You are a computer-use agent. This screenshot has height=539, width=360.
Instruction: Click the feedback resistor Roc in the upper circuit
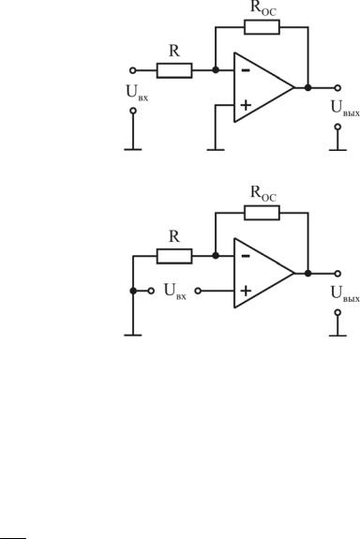(262, 27)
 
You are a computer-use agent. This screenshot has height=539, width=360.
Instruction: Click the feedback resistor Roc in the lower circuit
(262, 213)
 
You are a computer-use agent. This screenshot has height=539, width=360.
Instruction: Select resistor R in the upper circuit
(174, 70)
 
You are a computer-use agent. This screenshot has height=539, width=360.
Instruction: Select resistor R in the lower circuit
(174, 256)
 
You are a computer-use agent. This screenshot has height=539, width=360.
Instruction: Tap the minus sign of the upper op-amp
(246, 71)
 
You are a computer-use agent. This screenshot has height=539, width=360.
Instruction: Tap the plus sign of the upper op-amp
(246, 105)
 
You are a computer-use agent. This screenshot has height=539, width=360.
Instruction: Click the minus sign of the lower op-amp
(246, 256)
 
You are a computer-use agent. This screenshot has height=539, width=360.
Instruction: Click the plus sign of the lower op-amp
(246, 291)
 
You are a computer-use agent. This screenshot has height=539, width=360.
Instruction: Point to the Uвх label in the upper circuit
(137, 93)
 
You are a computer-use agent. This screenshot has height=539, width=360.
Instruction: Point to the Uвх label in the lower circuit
(175, 292)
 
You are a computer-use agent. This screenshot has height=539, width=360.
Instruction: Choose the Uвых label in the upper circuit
(345, 109)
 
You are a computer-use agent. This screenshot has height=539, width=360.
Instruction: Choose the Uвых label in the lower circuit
(345, 294)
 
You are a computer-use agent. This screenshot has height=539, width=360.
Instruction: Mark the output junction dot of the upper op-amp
(308, 88)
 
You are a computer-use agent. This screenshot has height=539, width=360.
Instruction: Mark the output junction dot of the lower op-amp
(308, 274)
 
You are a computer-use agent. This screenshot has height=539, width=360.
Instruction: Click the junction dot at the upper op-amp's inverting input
(216, 70)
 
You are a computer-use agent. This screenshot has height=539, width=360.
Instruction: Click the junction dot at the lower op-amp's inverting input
(216, 256)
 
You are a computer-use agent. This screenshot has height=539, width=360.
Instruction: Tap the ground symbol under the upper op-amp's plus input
(216, 150)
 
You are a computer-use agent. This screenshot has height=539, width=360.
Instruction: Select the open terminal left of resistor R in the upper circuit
(133, 70)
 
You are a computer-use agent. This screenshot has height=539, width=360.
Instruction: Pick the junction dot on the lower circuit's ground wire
(133, 291)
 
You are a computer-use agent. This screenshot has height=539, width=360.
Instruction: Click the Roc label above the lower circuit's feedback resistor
(263, 193)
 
